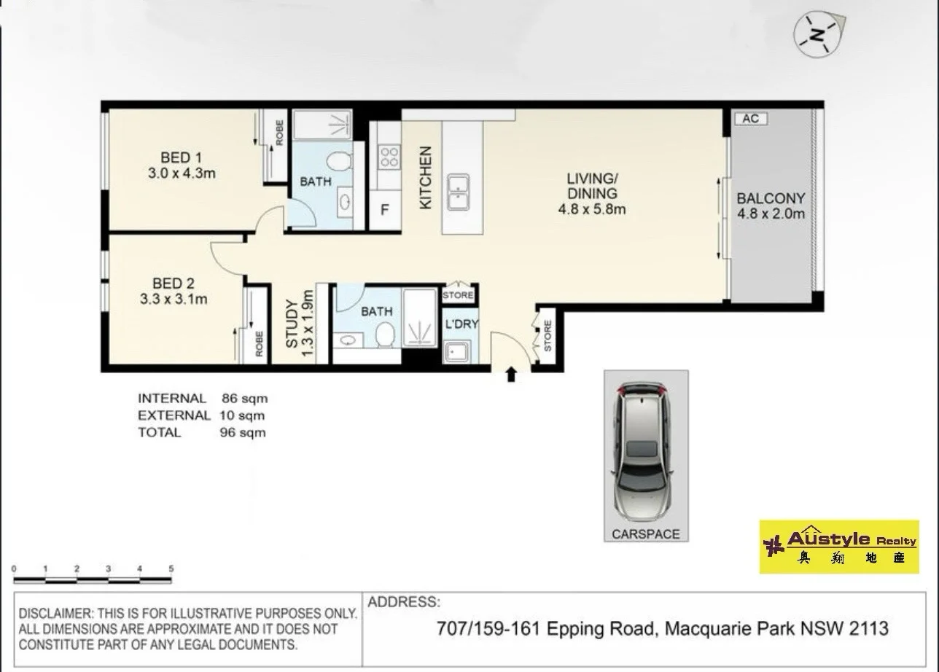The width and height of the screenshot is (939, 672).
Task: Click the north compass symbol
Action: pos(818,35)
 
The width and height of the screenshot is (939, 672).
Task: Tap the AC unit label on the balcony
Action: pos(751,119)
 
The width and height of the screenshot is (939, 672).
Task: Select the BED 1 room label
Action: pos(181,157)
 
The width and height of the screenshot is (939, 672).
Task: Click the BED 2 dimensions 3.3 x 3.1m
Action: pos(174,300)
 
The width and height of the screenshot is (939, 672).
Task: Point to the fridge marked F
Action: pos(384,210)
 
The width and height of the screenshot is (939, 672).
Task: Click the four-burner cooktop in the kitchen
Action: pos(389,157)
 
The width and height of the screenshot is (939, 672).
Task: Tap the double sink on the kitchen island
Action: pos(458,192)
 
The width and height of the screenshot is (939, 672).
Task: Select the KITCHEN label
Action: pos(426,178)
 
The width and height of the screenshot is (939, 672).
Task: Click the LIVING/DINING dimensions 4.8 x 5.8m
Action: pos(592,209)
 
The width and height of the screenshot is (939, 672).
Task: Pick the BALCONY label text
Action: pos(771,198)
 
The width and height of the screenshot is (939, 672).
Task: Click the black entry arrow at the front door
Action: pos(510,375)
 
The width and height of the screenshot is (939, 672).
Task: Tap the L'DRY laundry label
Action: pos(461,324)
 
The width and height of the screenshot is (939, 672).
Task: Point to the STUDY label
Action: pos(292,323)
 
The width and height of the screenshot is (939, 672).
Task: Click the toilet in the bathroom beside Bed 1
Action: pos(339,161)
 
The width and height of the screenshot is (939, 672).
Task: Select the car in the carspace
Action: pos(643,451)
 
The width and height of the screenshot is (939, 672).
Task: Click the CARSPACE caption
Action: pos(646,534)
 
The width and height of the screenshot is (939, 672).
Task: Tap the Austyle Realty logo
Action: pos(839,547)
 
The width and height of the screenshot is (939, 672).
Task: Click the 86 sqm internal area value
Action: pos(245,398)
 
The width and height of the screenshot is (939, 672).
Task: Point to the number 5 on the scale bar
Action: pos(171,569)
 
